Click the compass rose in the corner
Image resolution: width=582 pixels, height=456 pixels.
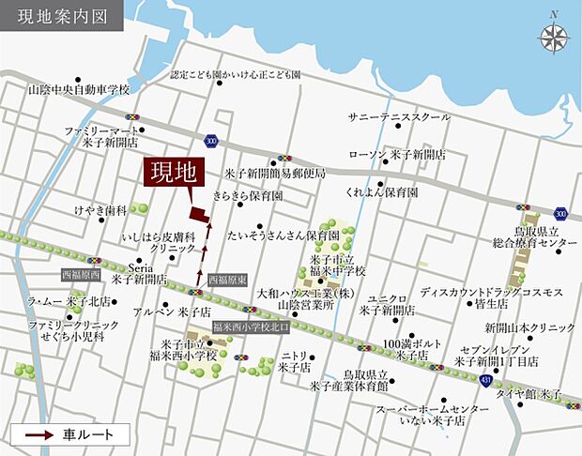tap(553, 36)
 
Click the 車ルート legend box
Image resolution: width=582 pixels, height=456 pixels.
tap(68, 434)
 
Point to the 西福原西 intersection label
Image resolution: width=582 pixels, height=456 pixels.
tap(81, 275)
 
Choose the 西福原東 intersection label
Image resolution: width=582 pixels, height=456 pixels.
tap(227, 280)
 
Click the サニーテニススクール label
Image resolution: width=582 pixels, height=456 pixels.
tap(399, 117)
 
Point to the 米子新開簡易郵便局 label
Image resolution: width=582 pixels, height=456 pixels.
tap(274, 174)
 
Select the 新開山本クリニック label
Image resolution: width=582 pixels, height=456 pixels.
tap(530, 327)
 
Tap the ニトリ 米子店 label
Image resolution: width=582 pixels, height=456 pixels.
tap(294, 362)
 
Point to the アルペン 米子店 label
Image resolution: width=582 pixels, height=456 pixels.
tap(173, 311)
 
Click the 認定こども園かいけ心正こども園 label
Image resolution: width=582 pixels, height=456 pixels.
tap(236, 74)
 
